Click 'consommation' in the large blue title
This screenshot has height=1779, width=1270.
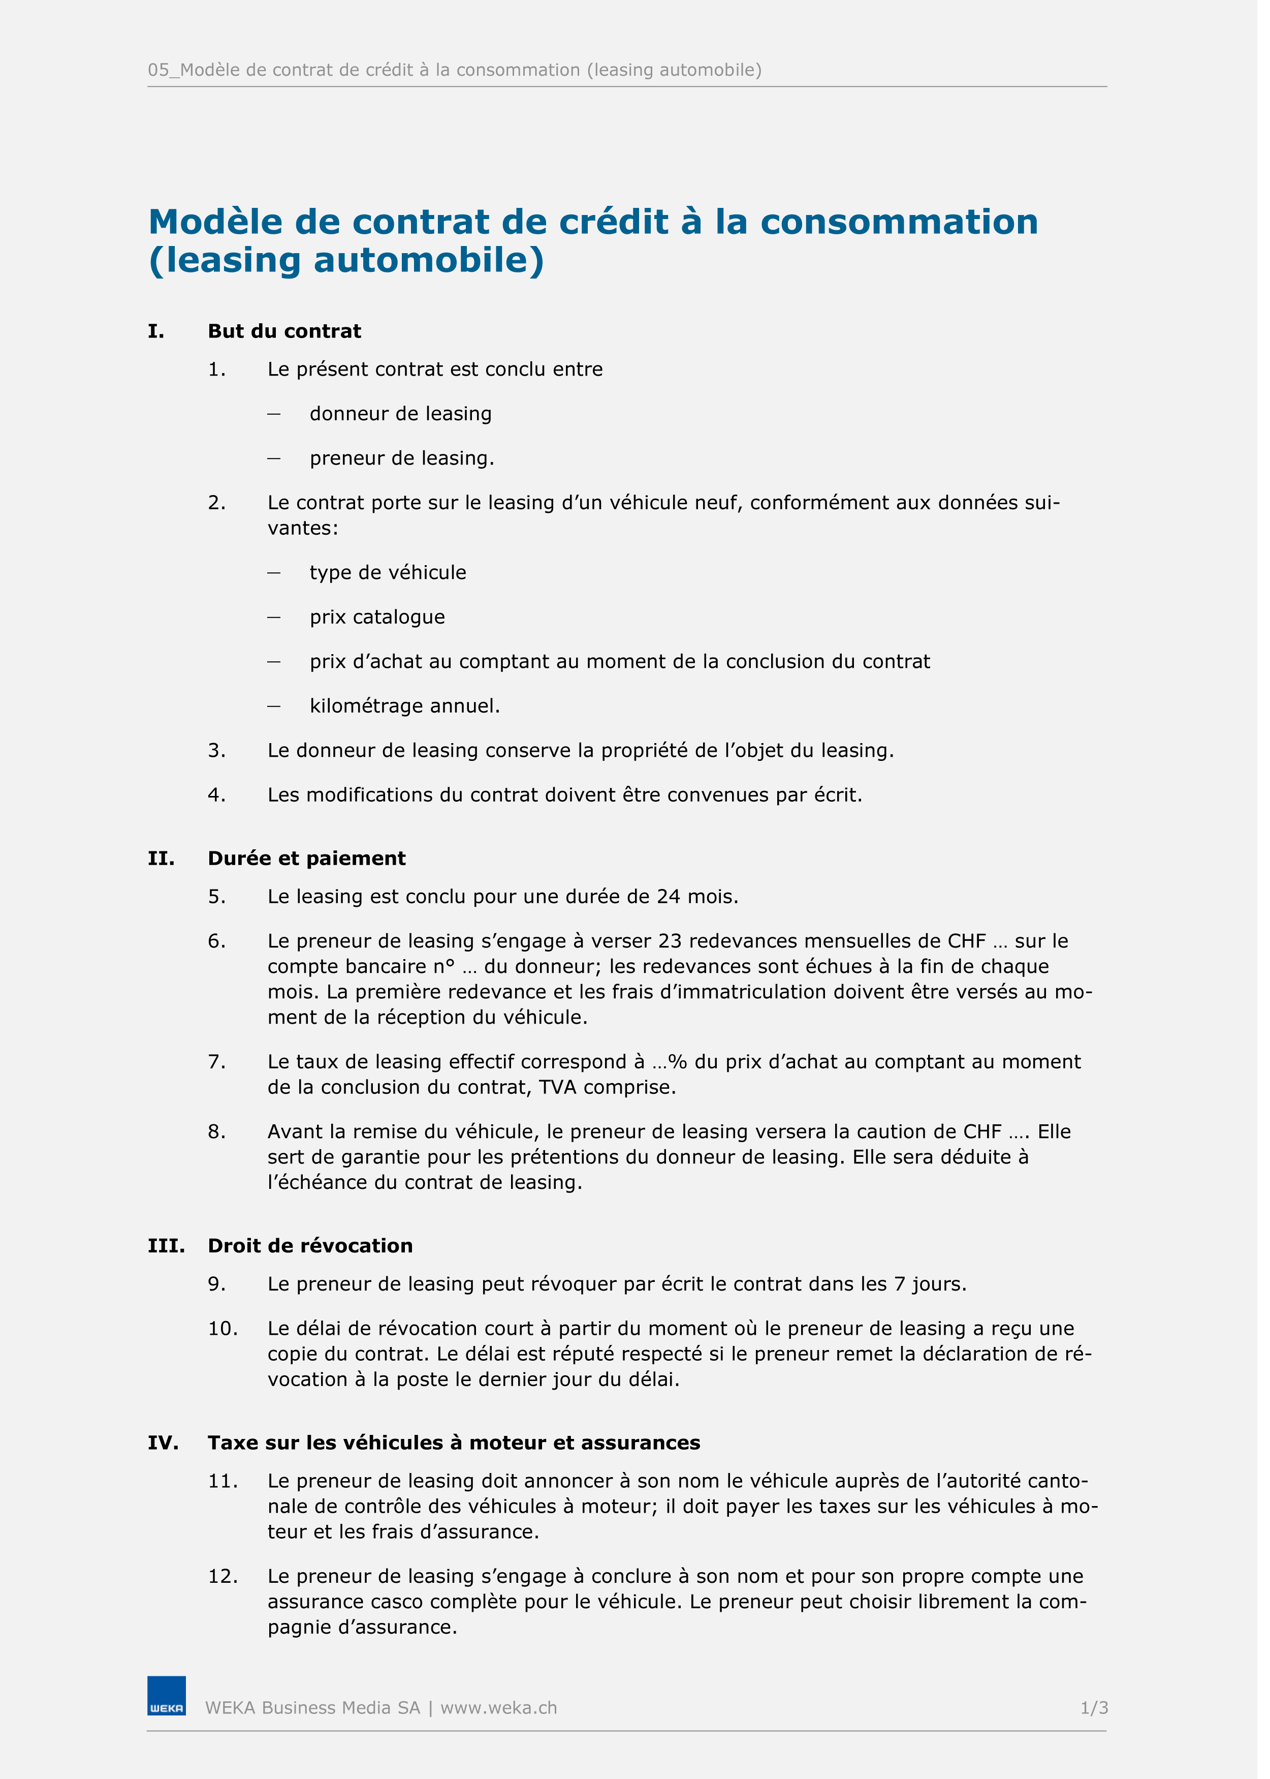[907, 223]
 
